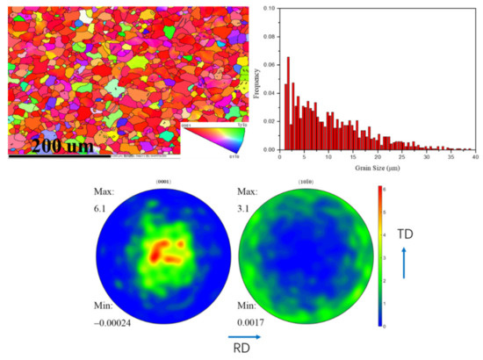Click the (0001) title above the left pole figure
click(162, 182)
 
